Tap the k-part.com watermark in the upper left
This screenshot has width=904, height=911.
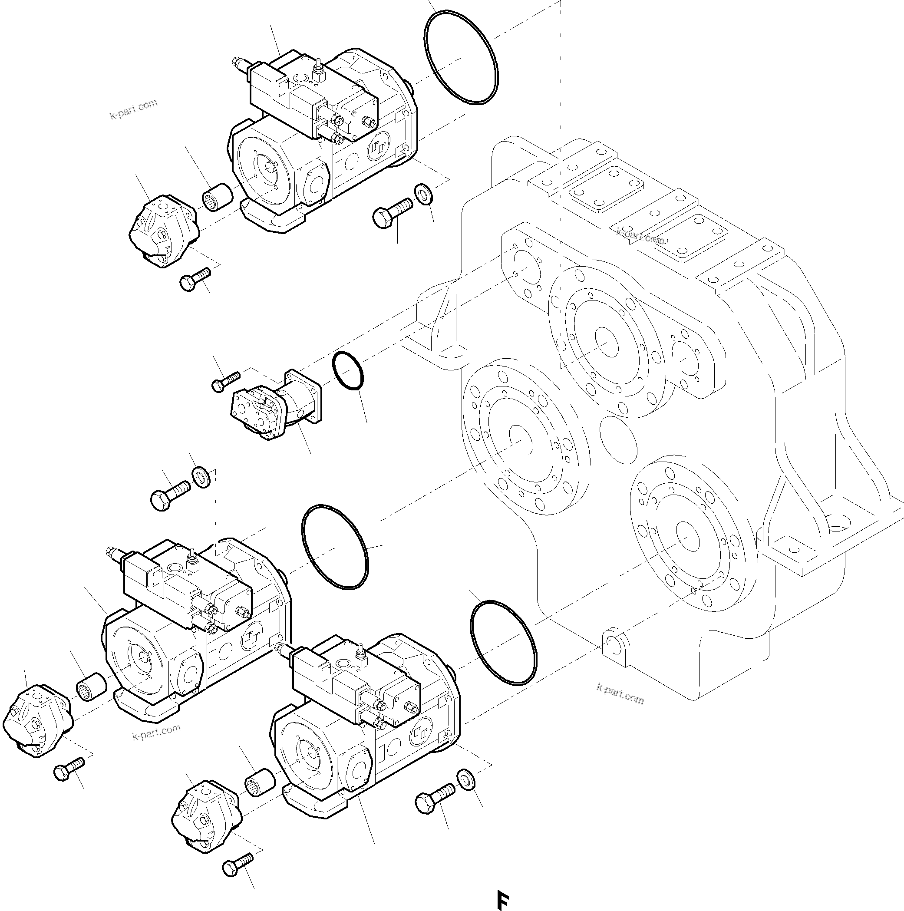pos(133,109)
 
